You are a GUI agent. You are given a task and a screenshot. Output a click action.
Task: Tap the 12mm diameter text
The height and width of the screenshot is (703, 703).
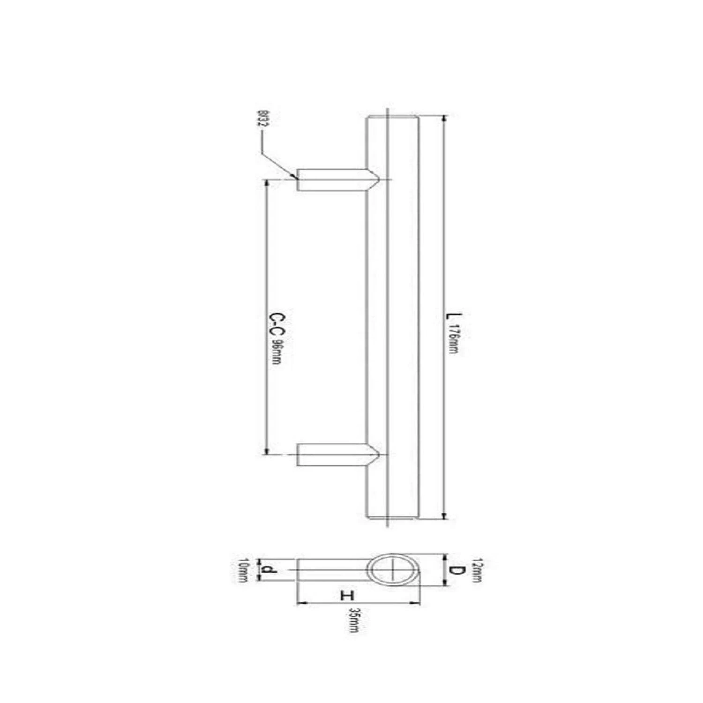coord(477,570)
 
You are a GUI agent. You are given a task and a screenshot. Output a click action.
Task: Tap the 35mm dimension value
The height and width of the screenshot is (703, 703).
coord(354,621)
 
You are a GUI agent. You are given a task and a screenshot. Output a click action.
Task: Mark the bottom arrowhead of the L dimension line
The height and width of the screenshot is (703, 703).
coord(443,516)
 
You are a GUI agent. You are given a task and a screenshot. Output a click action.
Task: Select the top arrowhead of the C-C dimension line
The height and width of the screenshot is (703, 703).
coord(266,183)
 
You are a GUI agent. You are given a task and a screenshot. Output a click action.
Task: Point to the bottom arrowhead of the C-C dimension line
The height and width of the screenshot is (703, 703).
coord(266,451)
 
